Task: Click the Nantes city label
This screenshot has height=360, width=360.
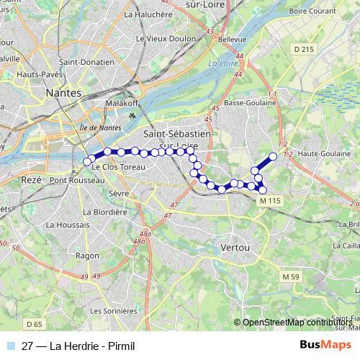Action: point(63,93)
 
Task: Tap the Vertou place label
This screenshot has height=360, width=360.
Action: point(235,247)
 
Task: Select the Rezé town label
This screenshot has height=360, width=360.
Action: point(32,179)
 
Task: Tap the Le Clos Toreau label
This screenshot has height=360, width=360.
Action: point(115,167)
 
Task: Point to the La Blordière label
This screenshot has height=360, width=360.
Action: point(104,212)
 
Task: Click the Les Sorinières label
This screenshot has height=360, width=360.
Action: point(114,310)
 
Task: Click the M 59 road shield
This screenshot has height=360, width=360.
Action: point(291,276)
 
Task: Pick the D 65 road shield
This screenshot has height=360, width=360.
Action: point(35,325)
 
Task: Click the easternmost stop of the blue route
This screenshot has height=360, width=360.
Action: point(273,156)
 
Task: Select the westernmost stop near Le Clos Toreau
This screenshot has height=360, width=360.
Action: point(88,161)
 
